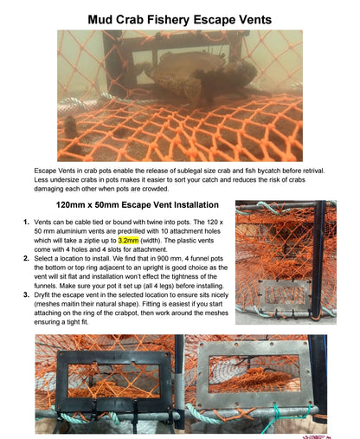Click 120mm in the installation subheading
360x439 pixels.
tap(73, 207)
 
